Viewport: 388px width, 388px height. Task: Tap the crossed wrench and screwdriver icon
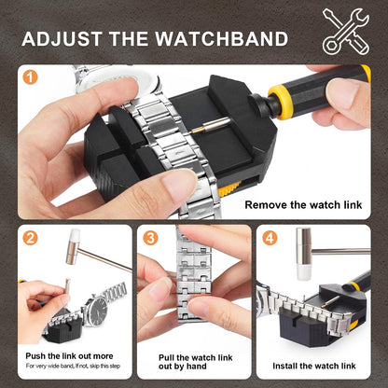pos(345,31)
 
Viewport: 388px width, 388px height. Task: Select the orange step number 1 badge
pos(30,78)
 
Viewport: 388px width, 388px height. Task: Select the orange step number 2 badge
pos(30,239)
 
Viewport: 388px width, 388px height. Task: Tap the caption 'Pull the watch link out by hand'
pos(194,362)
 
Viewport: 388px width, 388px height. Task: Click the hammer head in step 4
pos(303,267)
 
